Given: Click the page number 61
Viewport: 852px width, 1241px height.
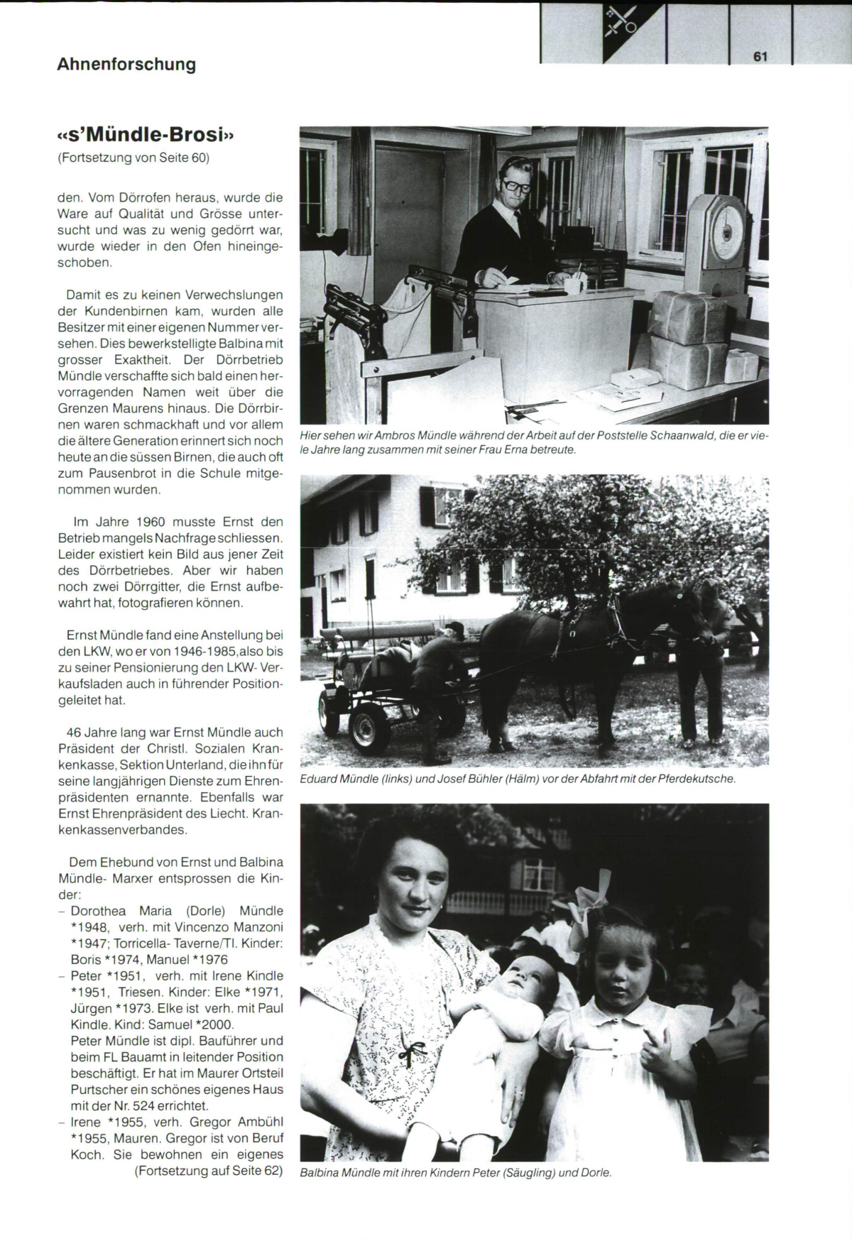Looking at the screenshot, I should point(760,57).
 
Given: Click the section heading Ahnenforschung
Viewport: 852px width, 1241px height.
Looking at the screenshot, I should point(126,64).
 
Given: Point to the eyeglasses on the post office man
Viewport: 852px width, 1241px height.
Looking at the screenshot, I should point(516,185).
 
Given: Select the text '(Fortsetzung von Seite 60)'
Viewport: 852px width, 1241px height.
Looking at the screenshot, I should point(133,158).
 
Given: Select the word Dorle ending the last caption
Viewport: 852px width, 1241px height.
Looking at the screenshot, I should point(595,1172).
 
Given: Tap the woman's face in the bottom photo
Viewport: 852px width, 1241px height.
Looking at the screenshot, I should point(415,878).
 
